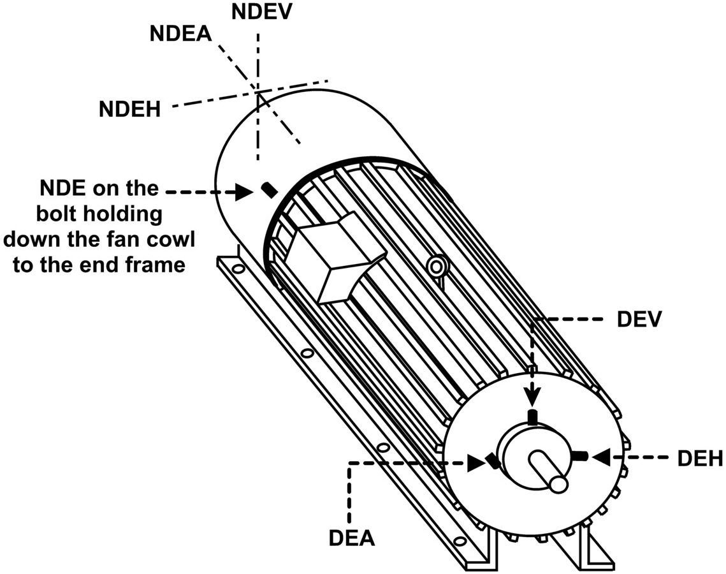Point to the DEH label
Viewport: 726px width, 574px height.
701,458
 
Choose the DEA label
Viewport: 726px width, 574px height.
352,538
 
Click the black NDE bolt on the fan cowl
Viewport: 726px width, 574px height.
269,189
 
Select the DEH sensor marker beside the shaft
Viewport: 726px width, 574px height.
579,456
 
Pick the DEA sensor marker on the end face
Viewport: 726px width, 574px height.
492,460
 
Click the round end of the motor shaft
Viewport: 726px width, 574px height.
558,484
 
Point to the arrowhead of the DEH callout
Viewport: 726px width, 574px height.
600,457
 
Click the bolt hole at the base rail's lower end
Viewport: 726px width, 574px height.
460,541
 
